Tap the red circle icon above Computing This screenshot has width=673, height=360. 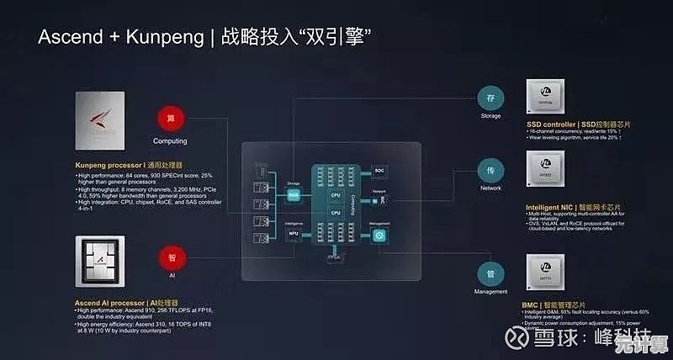[x=170, y=118]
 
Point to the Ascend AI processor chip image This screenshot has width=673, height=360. [x=100, y=261]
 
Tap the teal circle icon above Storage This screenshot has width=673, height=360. [x=490, y=96]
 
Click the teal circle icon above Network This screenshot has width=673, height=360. [x=490, y=168]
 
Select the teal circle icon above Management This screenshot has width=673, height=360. [x=490, y=273]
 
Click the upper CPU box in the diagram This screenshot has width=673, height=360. [x=335, y=194]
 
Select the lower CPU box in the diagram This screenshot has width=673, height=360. [x=335, y=214]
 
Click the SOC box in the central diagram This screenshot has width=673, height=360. [x=379, y=170]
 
